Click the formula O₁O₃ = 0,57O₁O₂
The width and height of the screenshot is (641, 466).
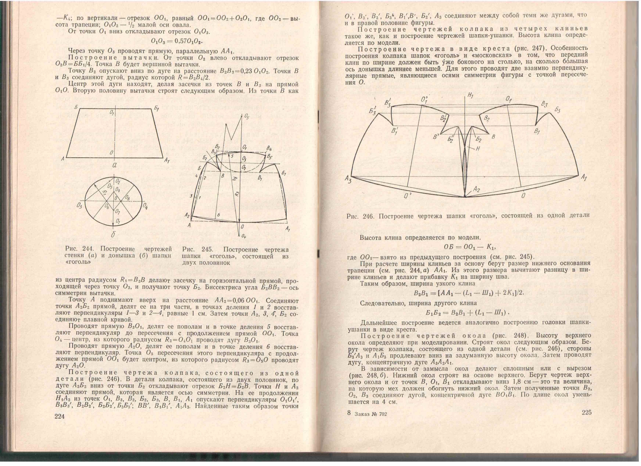click(x=177, y=41)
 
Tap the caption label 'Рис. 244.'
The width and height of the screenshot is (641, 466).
click(x=80, y=249)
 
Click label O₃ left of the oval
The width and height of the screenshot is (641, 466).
click(x=79, y=206)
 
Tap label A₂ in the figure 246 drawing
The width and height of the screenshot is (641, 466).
click(x=477, y=189)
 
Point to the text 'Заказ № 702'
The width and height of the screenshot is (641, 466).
click(x=370, y=414)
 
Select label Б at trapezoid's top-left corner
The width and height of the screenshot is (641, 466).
click(x=76, y=107)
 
